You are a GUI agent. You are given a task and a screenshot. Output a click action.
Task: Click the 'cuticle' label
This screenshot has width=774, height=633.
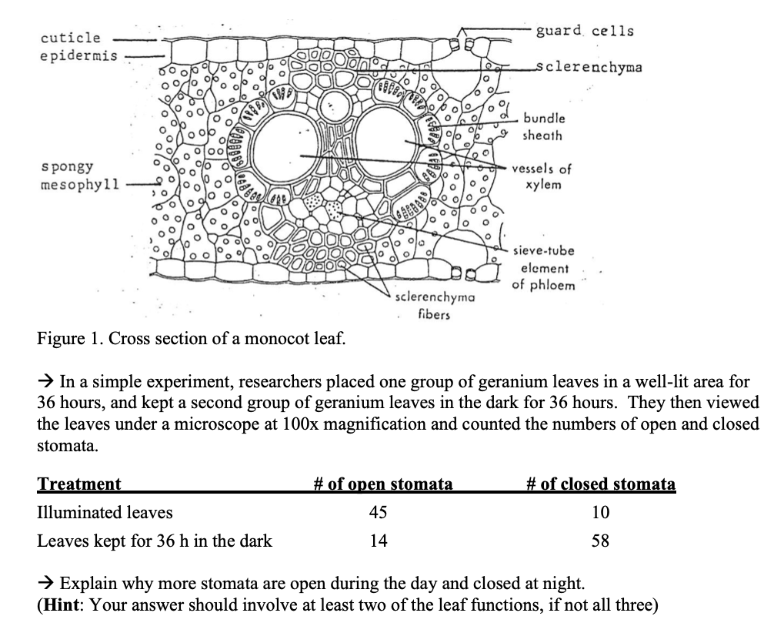[x=70, y=38]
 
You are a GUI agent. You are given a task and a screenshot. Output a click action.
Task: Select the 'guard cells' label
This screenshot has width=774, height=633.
[x=585, y=31]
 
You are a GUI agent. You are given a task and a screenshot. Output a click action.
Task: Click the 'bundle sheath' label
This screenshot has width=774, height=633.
[x=544, y=127]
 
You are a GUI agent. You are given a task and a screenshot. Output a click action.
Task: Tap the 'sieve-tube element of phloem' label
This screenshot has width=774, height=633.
[x=544, y=268]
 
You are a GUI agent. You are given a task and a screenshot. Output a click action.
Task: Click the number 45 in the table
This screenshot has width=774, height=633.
[x=378, y=512]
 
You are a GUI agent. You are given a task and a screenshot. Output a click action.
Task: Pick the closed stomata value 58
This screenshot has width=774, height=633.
[x=601, y=541]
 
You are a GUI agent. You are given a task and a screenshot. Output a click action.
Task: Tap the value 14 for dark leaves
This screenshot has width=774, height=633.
[x=378, y=541]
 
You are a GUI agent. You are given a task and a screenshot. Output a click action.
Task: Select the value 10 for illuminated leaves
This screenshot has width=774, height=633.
[x=601, y=512]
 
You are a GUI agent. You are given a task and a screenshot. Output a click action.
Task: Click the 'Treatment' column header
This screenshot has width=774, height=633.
[x=79, y=484]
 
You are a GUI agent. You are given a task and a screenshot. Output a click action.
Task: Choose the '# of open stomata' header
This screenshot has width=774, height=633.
[x=383, y=484]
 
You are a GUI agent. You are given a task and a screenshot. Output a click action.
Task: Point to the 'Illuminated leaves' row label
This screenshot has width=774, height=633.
[x=105, y=512]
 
